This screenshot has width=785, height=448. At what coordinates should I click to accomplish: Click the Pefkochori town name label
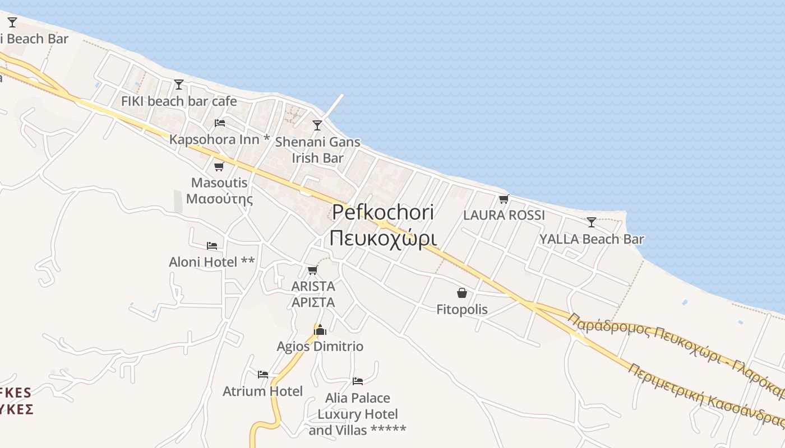pyautogui.click(x=383, y=212)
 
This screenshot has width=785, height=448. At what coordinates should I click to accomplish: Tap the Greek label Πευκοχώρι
pyautogui.click(x=383, y=238)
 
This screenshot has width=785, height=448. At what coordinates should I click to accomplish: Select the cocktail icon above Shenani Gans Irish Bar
pyautogui.click(x=317, y=125)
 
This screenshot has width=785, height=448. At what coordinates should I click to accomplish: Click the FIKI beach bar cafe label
pyautogui.click(x=179, y=101)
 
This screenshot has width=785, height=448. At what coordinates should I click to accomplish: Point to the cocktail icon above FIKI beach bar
pyautogui.click(x=179, y=85)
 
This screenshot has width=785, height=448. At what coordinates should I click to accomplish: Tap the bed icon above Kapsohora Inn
pyautogui.click(x=220, y=123)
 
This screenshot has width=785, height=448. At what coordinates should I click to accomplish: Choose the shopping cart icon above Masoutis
pyautogui.click(x=219, y=166)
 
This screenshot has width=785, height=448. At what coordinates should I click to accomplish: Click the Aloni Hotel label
pyautogui.click(x=211, y=262)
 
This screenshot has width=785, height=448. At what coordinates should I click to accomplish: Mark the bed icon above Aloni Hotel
pyautogui.click(x=211, y=245)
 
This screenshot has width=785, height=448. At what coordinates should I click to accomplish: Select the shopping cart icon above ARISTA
pyautogui.click(x=312, y=270)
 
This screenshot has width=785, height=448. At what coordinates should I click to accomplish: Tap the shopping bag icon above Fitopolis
pyautogui.click(x=461, y=293)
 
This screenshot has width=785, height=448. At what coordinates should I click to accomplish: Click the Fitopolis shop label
pyautogui.click(x=461, y=309)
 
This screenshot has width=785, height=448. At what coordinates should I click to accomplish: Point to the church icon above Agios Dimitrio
pyautogui.click(x=320, y=330)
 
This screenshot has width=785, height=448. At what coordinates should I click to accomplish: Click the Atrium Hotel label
pyautogui.click(x=262, y=391)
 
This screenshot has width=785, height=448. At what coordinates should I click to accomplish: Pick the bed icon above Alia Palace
pyautogui.click(x=357, y=381)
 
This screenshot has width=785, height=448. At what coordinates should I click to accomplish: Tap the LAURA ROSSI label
pyautogui.click(x=504, y=215)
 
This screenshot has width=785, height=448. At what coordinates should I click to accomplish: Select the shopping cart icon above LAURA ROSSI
pyautogui.click(x=504, y=199)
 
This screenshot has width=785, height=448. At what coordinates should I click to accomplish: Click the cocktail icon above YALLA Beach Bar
pyautogui.click(x=591, y=222)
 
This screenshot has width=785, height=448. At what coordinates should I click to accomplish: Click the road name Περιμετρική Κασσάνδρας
pyautogui.click(x=706, y=395)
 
